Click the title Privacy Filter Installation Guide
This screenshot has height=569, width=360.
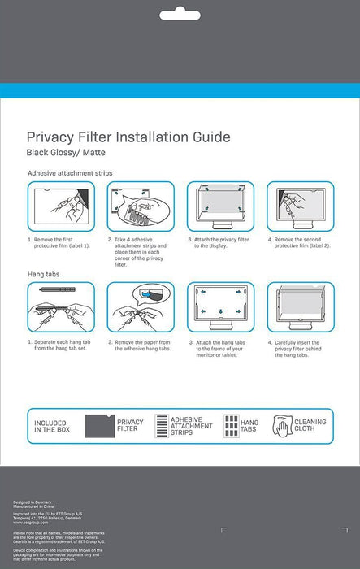coord(128,137)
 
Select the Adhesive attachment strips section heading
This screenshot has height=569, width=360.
coord(70,173)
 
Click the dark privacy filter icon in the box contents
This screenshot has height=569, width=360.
coord(99,426)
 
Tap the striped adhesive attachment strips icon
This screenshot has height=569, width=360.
coord(161,426)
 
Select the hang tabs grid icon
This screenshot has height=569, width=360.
coord(231,426)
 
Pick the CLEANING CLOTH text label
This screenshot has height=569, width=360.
coord(309,426)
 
